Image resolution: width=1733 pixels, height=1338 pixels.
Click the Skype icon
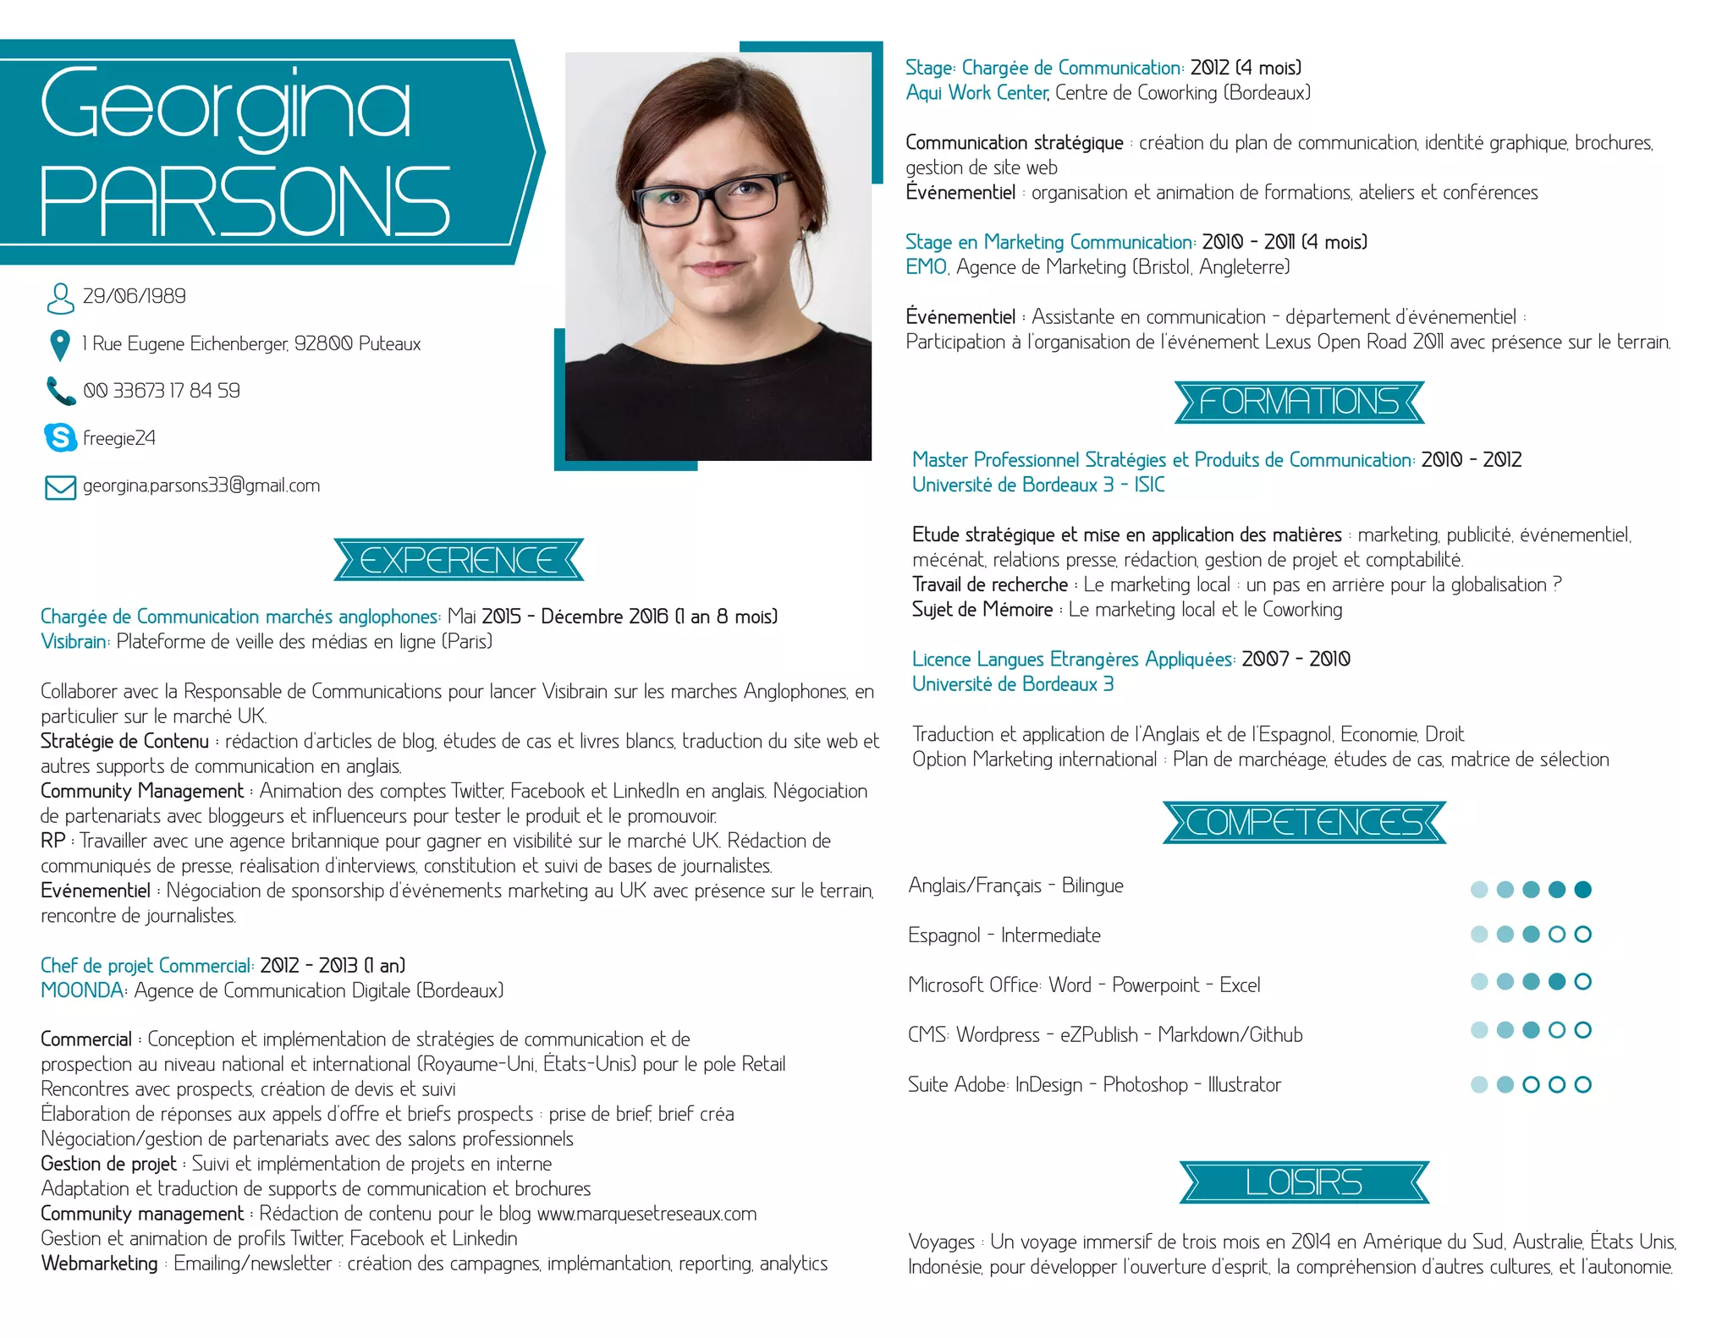point(60,437)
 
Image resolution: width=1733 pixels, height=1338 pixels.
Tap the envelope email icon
point(60,487)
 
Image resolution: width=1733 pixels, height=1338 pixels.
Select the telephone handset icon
point(60,391)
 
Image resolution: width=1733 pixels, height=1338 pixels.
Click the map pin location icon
point(59,344)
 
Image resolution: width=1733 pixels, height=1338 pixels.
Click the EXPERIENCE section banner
point(459,560)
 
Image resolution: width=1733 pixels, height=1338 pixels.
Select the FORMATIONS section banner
point(1299,402)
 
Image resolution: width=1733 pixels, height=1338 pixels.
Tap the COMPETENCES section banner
point(1304,822)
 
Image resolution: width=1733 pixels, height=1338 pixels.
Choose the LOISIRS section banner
point(1304,1182)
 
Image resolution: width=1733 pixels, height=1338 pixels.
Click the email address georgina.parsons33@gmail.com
point(201,485)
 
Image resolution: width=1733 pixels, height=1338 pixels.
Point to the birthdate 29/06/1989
point(134,296)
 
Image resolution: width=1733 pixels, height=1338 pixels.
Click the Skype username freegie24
point(119,438)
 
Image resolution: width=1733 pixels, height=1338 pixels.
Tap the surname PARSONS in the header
point(245,200)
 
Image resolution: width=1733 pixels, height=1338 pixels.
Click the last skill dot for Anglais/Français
point(1582,889)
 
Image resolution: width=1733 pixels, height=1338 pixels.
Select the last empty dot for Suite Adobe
point(1582,1084)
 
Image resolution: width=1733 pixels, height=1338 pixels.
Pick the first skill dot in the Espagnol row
point(1479,934)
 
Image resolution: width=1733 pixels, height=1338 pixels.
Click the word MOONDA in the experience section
point(82,990)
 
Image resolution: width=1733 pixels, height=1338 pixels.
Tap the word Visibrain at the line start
point(74,641)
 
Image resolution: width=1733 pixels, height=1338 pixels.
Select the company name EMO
point(926,267)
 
